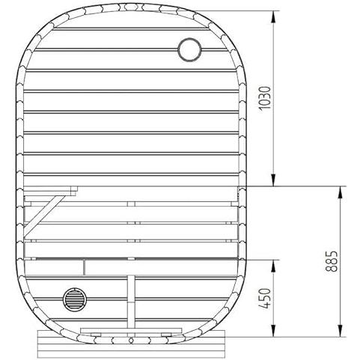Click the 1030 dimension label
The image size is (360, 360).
265,98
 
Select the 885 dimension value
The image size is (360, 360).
332,261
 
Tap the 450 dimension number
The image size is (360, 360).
265,299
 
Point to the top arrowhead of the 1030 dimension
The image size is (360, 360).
274,16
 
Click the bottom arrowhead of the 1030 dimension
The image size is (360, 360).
274,180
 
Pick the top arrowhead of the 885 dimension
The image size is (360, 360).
341,192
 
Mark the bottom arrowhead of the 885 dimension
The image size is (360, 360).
341,331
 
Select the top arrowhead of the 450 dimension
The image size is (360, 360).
274,266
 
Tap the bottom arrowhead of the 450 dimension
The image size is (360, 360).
274,331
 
